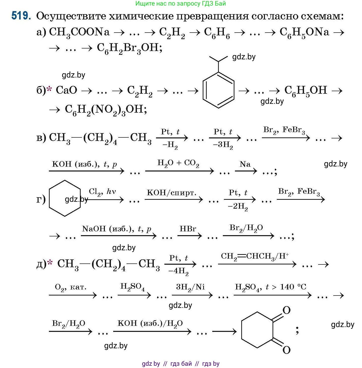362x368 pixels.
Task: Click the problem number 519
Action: (21, 16)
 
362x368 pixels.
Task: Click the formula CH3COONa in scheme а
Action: (79, 32)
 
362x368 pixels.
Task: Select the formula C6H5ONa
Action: (304, 32)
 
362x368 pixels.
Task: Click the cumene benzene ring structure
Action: (218, 90)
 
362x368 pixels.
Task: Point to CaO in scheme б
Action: (66, 90)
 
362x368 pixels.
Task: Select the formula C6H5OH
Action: (306, 91)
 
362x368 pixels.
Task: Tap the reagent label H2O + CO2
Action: (178, 163)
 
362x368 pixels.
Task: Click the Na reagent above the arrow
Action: (245, 164)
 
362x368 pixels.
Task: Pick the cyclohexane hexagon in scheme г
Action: (65, 198)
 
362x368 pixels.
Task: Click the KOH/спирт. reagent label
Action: (171, 193)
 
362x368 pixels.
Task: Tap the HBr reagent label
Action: (188, 229)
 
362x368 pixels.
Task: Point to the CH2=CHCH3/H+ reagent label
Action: (255, 256)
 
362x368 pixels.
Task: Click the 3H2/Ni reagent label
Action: (190, 287)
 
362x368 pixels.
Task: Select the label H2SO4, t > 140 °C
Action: (270, 287)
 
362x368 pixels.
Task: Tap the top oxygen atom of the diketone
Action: (287, 310)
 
